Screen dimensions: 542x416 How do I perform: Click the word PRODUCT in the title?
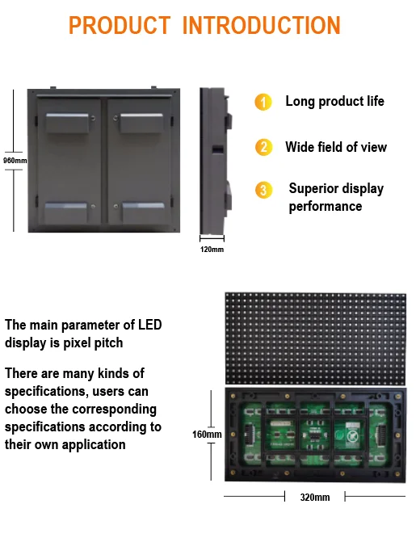click(118, 24)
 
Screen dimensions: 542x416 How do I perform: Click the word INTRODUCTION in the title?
click(262, 24)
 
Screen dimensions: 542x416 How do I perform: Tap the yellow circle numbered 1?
click(263, 103)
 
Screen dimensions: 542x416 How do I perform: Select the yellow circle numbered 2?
click(263, 147)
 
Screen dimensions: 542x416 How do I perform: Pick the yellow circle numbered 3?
click(263, 190)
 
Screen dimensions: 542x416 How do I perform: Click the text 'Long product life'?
click(334, 102)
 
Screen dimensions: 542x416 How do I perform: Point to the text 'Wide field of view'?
click(335, 147)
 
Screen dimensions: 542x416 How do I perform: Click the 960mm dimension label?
click(15, 160)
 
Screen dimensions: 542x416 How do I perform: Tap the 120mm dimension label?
click(212, 249)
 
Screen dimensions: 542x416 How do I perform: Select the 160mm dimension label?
click(207, 435)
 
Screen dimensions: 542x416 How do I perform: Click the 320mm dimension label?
click(314, 498)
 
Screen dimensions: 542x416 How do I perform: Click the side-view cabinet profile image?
click(216, 158)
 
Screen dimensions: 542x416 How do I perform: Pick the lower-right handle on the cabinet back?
click(144, 211)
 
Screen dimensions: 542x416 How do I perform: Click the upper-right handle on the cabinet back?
click(144, 123)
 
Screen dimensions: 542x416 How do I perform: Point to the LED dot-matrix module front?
click(314, 337)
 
